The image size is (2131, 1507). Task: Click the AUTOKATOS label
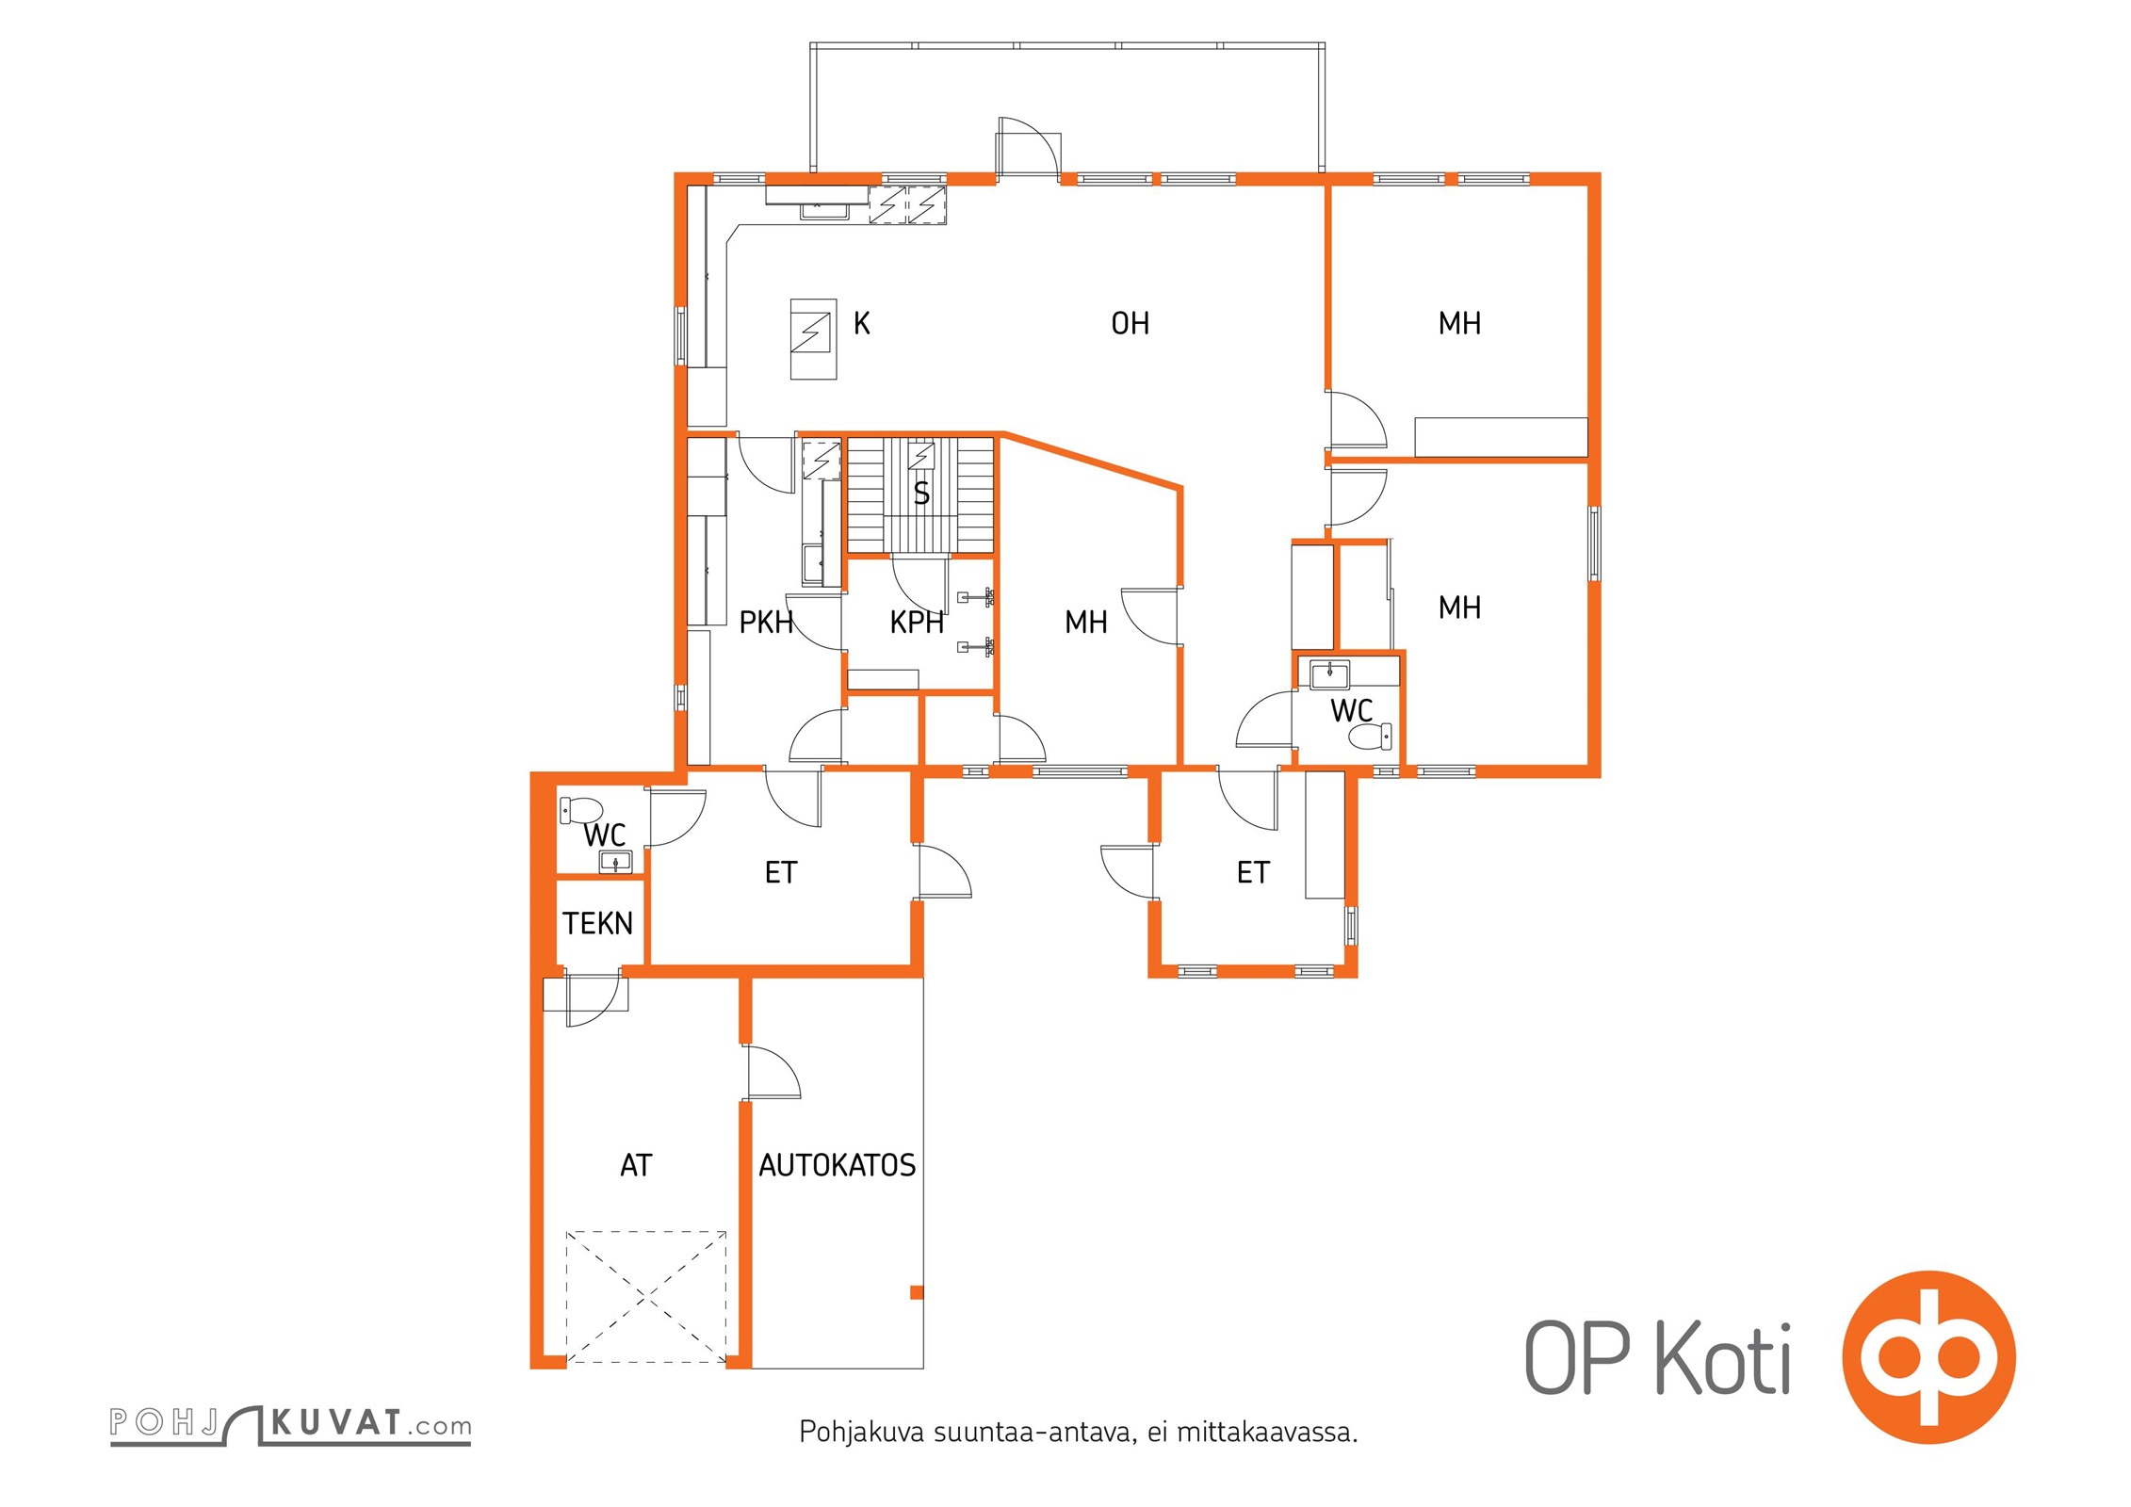[x=837, y=1165]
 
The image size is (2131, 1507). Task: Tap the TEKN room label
[x=597, y=923]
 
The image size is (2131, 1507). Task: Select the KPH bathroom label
[x=917, y=622]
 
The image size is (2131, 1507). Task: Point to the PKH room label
[x=765, y=622]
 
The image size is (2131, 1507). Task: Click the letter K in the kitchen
[x=861, y=323]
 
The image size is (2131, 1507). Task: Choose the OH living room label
[x=1131, y=323]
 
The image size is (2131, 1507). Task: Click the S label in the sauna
[x=921, y=494]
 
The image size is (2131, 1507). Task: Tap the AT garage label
[x=636, y=1165]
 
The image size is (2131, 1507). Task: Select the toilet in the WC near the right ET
[x=1371, y=737]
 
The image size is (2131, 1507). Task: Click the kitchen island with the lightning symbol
[x=813, y=339]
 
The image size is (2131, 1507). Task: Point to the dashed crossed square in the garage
[x=646, y=1297]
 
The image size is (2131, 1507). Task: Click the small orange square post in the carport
[x=917, y=1292]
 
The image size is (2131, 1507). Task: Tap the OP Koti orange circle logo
[x=1929, y=1357]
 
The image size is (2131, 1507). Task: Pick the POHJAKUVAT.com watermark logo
[x=290, y=1425]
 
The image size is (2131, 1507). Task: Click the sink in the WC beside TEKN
[x=615, y=861]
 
